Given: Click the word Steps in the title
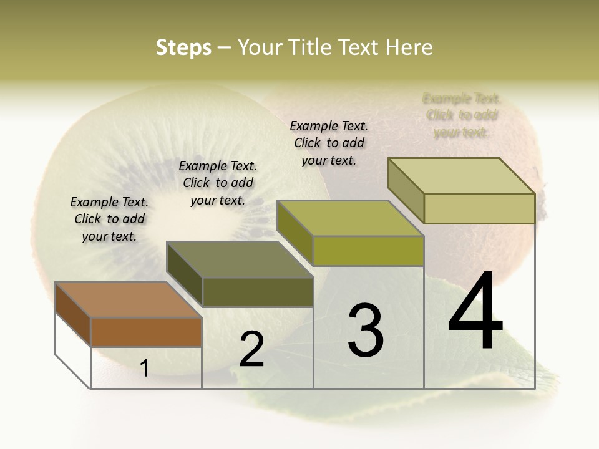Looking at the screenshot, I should click(183, 47).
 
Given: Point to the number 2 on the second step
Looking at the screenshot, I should click(251, 349).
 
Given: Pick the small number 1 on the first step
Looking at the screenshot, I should click(145, 368).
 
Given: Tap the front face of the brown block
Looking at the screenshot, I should click(146, 332).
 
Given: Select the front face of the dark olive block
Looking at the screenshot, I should click(257, 292).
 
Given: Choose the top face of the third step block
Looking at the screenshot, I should click(350, 218).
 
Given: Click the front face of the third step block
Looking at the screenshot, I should click(368, 251).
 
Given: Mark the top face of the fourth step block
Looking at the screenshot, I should click(461, 176).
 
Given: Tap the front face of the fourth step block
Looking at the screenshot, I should click(479, 208).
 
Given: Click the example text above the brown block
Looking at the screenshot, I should click(109, 219).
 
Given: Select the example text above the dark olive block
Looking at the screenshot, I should click(218, 183).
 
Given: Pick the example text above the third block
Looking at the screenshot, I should click(329, 143).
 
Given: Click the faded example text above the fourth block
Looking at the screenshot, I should click(461, 115).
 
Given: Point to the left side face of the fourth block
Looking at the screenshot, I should click(406, 190).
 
